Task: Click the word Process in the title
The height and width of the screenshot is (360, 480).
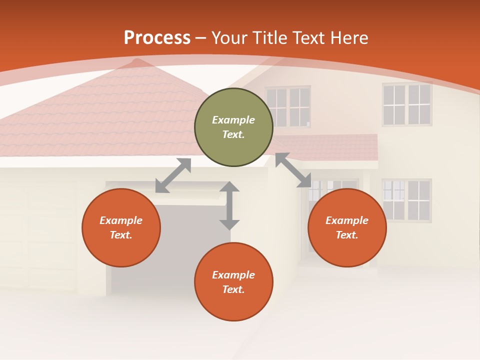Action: [157, 38]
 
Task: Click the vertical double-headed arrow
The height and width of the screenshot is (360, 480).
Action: [229, 205]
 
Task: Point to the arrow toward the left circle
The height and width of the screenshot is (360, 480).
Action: [173, 175]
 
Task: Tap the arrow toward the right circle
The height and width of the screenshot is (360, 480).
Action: [293, 170]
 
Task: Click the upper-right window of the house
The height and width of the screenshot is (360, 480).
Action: [407, 104]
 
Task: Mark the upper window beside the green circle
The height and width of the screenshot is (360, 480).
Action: [289, 106]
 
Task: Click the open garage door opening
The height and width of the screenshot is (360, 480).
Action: [150, 250]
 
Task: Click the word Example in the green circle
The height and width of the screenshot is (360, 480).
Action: [233, 120]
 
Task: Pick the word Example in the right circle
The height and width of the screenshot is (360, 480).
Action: [347, 220]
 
